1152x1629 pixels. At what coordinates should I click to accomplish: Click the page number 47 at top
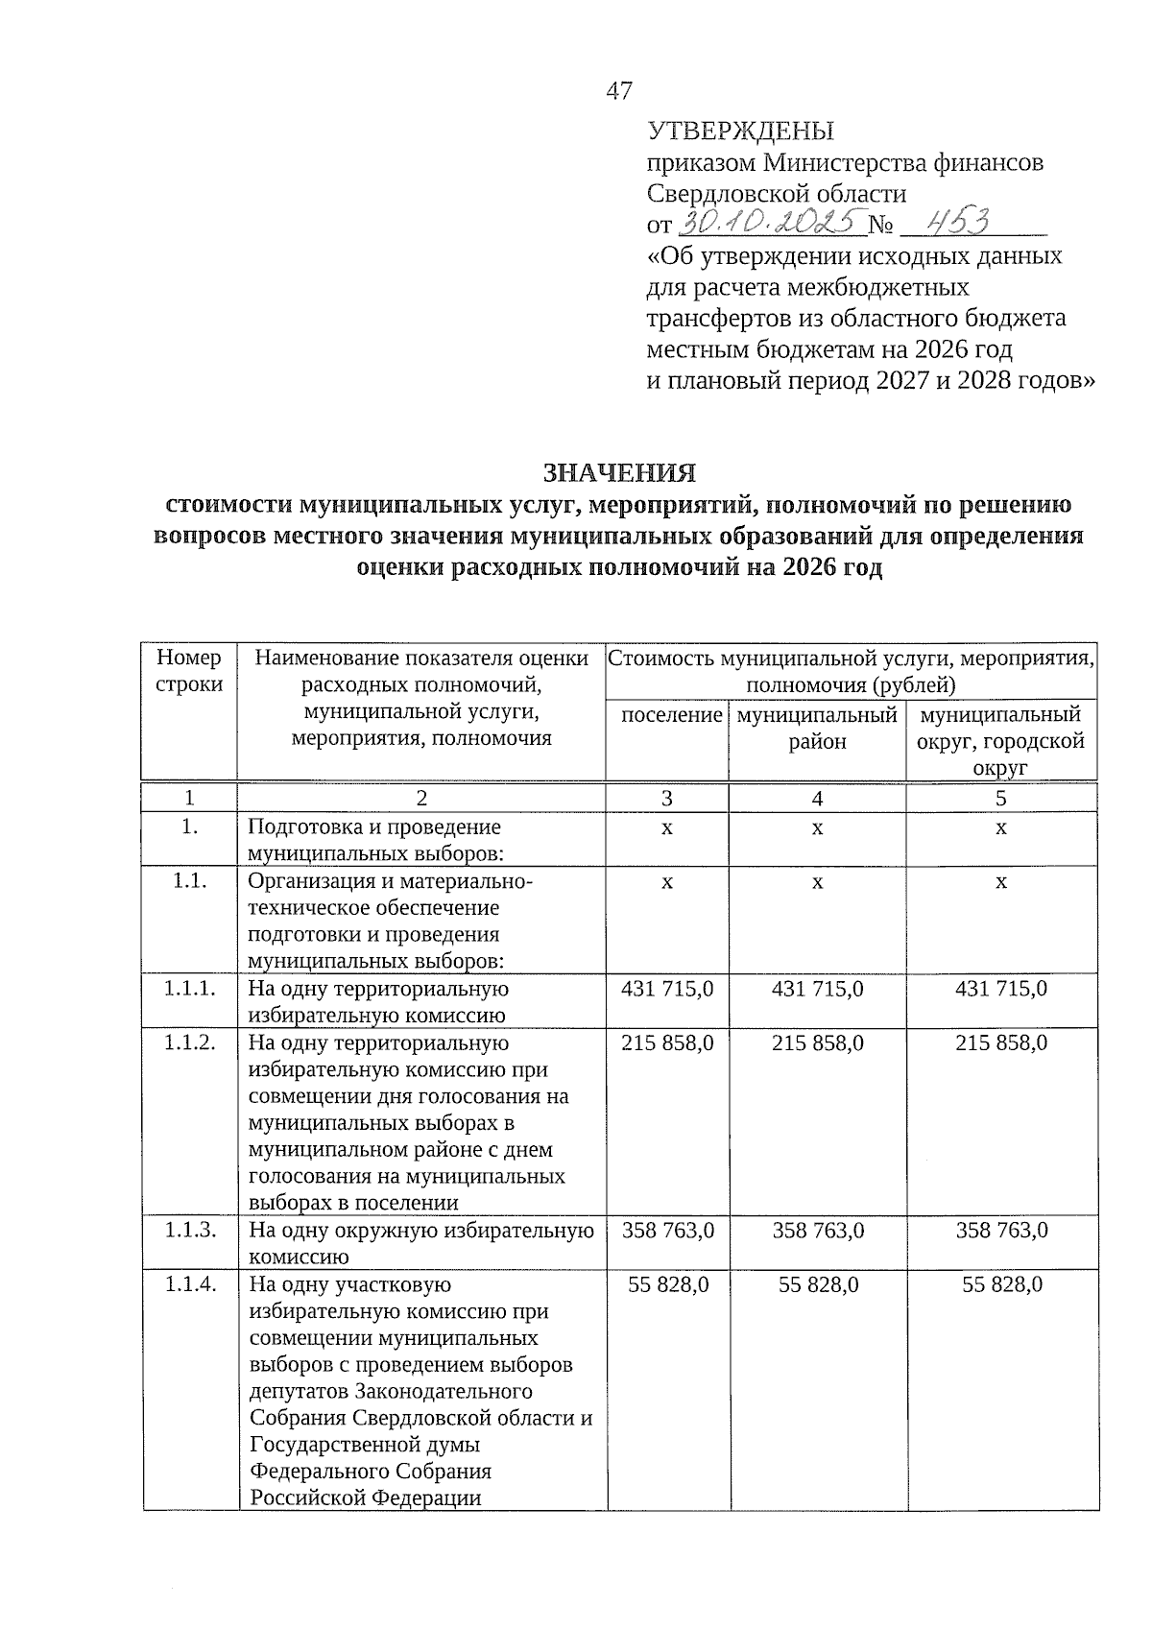click(x=619, y=91)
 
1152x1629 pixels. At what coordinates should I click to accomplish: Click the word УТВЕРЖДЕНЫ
click(x=740, y=132)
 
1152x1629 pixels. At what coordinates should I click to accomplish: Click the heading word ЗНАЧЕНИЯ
click(x=619, y=473)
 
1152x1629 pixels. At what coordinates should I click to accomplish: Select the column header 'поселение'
click(x=671, y=715)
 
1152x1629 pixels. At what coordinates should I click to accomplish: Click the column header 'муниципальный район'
click(x=817, y=729)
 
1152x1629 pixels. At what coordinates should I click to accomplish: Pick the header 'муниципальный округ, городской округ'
click(x=1000, y=741)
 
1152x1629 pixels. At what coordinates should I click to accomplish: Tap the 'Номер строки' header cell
click(x=189, y=671)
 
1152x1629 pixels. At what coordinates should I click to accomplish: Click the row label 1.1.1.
click(x=189, y=989)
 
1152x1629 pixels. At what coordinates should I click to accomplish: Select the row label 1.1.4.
click(x=189, y=1284)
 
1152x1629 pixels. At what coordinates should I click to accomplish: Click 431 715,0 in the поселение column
click(x=667, y=989)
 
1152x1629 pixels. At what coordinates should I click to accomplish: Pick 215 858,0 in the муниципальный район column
click(x=817, y=1042)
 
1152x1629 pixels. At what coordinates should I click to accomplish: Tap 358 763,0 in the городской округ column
click(x=1001, y=1231)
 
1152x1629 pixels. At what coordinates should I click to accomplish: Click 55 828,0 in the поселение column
click(x=668, y=1284)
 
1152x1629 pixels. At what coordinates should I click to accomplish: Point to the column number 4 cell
click(x=817, y=799)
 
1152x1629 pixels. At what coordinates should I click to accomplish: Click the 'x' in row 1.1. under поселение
click(x=666, y=881)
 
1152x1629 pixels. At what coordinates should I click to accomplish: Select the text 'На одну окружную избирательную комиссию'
click(x=420, y=1243)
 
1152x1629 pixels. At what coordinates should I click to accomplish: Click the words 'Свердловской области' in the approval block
click(x=777, y=194)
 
